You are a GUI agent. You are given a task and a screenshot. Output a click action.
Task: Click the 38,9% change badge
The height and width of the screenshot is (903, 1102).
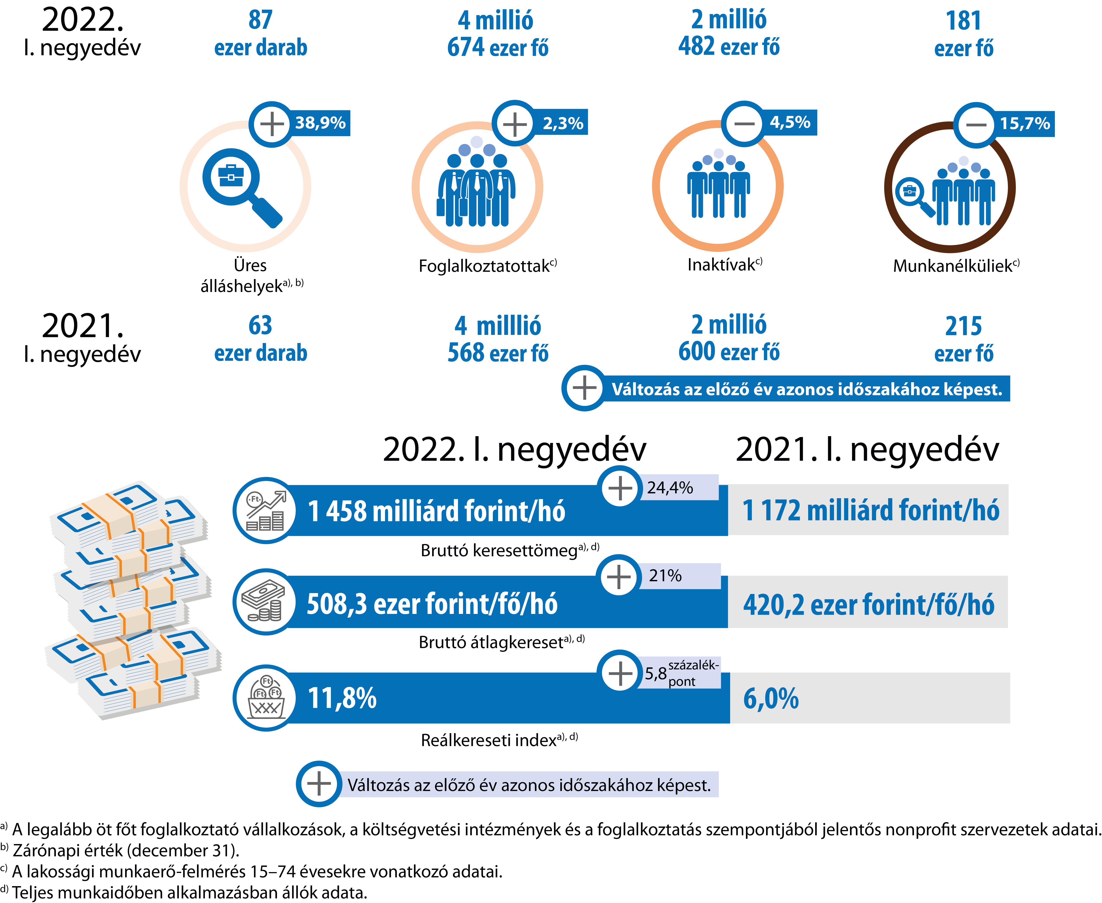point(320,123)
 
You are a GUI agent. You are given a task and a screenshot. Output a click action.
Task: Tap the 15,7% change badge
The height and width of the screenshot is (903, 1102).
point(1025,124)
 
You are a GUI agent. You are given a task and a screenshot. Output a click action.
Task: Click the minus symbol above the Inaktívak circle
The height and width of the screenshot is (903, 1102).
point(744,123)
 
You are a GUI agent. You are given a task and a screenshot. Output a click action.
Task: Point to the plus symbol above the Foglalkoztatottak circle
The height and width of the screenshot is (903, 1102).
point(515,124)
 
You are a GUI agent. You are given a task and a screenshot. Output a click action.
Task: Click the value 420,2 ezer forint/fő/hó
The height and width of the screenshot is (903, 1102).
point(868,604)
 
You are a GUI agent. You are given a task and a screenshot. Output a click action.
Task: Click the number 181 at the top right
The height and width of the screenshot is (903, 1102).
point(963,21)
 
